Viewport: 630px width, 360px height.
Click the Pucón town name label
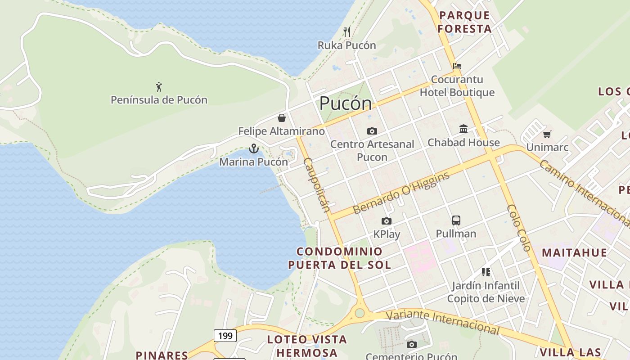pos(346,104)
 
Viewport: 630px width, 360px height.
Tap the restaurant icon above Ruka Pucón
pos(347,31)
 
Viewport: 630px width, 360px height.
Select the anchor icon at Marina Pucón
pos(254,148)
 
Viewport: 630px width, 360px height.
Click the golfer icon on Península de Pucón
pos(159,86)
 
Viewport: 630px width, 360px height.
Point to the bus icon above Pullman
pos(456,220)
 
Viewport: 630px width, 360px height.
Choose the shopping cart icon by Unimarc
pos(547,134)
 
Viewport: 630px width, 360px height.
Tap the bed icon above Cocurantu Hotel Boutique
pos(457,66)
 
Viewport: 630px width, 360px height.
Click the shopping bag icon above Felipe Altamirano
pos(282,118)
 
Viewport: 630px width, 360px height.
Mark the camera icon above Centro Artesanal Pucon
pos(372,131)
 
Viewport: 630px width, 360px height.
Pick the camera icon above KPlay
pos(387,221)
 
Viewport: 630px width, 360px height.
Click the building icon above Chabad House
pos(463,129)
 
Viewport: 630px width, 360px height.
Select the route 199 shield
pos(225,335)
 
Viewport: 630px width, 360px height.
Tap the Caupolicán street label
pos(316,184)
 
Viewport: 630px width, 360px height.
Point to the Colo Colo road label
pos(519,227)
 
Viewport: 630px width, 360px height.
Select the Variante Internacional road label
pos(443,322)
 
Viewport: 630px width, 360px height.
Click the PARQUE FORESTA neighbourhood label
pos(465,22)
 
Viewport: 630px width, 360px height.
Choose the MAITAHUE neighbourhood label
pos(574,252)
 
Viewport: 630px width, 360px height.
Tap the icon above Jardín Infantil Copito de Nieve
pos(486,272)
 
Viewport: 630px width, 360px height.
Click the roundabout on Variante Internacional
pos(360,313)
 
